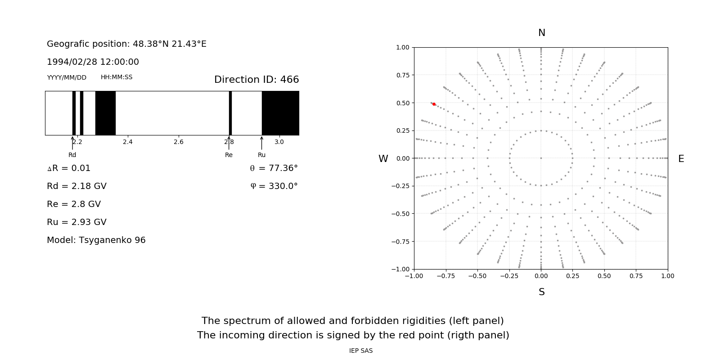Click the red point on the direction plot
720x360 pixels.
click(x=434, y=104)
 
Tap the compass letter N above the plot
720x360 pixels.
click(x=541, y=33)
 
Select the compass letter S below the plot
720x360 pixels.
click(x=541, y=292)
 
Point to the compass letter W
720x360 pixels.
click(x=383, y=159)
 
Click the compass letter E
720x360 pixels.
click(x=681, y=159)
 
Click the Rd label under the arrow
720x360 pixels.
click(x=72, y=155)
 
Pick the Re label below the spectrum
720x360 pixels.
click(x=229, y=155)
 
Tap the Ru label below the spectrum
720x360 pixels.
click(x=261, y=155)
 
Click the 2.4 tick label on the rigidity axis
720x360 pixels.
click(x=128, y=142)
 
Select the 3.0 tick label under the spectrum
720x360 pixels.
click(x=279, y=142)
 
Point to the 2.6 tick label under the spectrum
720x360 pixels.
click(x=178, y=142)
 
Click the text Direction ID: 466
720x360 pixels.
click(x=256, y=80)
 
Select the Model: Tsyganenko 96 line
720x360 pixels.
click(x=96, y=240)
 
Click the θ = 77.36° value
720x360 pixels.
click(x=274, y=168)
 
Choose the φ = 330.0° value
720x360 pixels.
click(x=274, y=186)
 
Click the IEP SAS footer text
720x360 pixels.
click(x=360, y=351)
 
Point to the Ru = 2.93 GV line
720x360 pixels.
click(x=76, y=222)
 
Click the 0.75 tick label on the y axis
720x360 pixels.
click(x=402, y=75)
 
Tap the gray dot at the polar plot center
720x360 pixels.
click(x=541, y=158)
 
